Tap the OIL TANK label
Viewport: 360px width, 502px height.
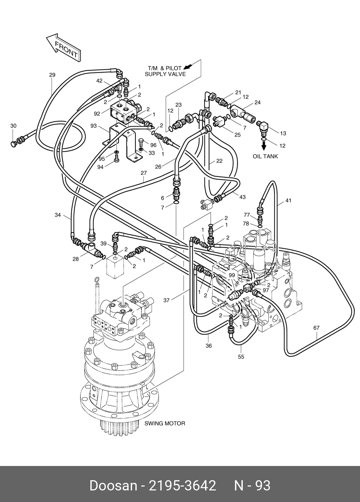point(265,156)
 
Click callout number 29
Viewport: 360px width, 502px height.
point(52,75)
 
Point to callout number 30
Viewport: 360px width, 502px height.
point(14,126)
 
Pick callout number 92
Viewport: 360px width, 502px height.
point(97,114)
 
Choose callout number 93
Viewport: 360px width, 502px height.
point(94,126)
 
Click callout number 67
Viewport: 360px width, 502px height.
point(316,328)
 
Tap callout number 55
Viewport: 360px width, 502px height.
point(241,357)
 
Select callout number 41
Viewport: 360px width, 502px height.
point(288,200)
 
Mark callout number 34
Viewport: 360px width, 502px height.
point(58,215)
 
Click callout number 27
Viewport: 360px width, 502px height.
point(144,173)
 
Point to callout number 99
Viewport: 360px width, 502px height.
point(232,275)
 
